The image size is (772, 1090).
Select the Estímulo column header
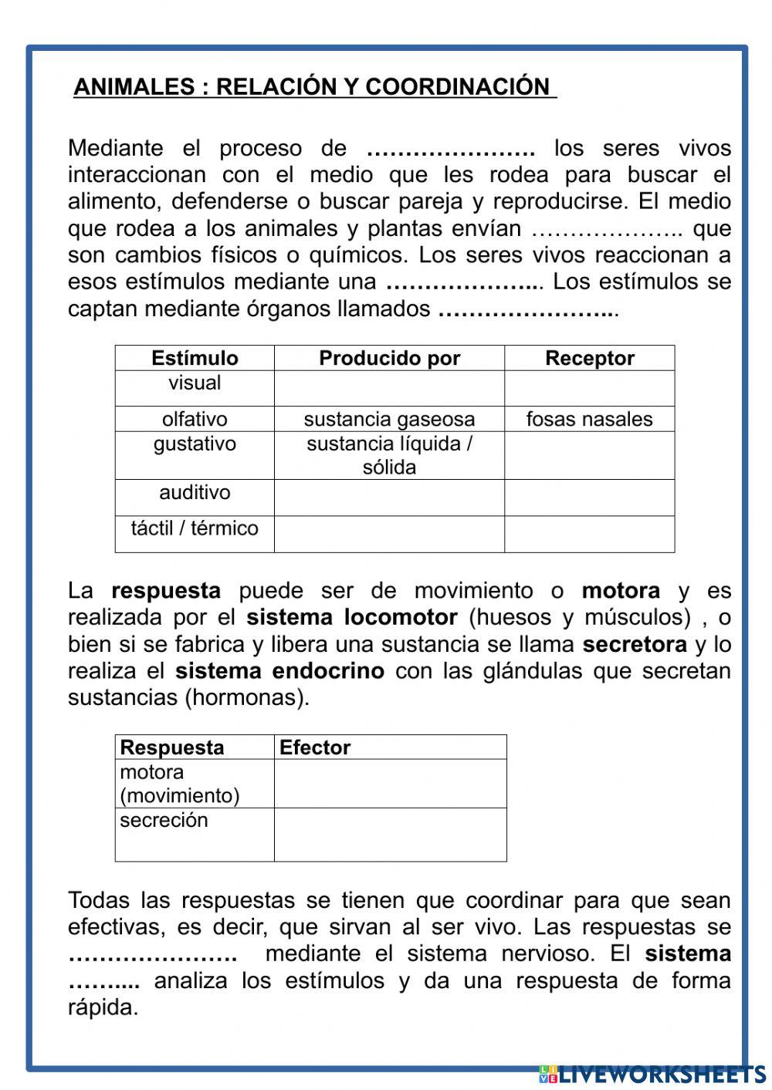pyautogui.click(x=195, y=358)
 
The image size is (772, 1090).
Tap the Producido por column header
pyautogui.click(x=389, y=358)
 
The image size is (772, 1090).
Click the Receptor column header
pyautogui.click(x=589, y=358)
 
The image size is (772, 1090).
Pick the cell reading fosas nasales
pyautogui.click(x=589, y=419)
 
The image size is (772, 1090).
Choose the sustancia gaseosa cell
pyautogui.click(x=389, y=419)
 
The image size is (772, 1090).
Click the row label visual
pyautogui.click(x=195, y=383)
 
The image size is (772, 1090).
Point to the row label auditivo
pyautogui.click(x=195, y=492)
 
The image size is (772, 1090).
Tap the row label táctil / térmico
pyautogui.click(x=195, y=528)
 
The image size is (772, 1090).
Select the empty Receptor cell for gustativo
pyautogui.click(x=589, y=455)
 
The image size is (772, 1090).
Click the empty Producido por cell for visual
pyautogui.click(x=389, y=388)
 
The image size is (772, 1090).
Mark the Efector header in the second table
pyautogui.click(x=315, y=747)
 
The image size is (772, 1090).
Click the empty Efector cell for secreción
pyautogui.click(x=390, y=835)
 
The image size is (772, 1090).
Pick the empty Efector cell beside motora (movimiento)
pyautogui.click(x=390, y=784)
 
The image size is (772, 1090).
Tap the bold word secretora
pyautogui.click(x=634, y=644)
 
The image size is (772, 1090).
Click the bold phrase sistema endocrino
pyautogui.click(x=279, y=671)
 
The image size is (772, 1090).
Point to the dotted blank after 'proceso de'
pyautogui.click(x=451, y=148)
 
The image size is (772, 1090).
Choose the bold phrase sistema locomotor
pyautogui.click(x=352, y=617)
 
